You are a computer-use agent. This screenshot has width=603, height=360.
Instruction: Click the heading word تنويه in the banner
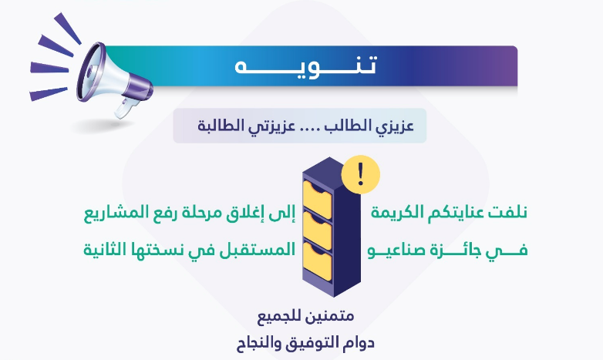coord(306,66)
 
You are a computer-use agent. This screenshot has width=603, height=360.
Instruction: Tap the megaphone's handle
coord(125,108)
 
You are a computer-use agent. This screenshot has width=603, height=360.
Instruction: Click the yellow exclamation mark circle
coord(361,174)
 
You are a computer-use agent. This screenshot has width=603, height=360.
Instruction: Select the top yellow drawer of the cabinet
coord(317,200)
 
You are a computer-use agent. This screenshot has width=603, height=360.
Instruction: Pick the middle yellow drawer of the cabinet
coord(317,230)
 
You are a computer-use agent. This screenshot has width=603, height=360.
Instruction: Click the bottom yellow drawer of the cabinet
coord(317,261)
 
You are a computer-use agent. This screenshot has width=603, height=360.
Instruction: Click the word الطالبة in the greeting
coord(216,126)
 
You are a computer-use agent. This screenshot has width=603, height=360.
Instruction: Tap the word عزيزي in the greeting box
coord(398,126)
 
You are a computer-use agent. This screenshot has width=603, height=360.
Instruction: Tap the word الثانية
coord(99,250)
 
